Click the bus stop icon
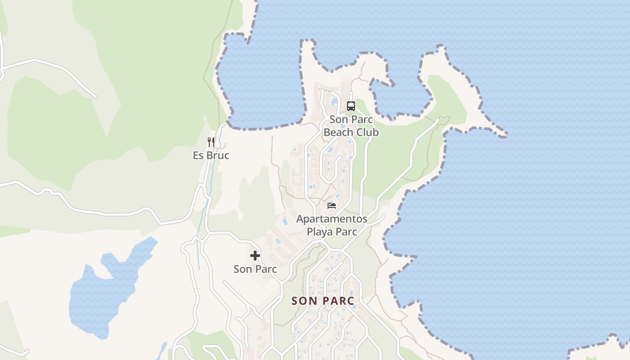351,106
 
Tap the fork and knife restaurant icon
211,142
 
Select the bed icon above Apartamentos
332,206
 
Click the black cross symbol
255,256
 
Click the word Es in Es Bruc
198,156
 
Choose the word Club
367,132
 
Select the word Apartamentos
332,219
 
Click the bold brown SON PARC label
323,301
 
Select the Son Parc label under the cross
255,269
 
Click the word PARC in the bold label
338,301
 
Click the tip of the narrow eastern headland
505,134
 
